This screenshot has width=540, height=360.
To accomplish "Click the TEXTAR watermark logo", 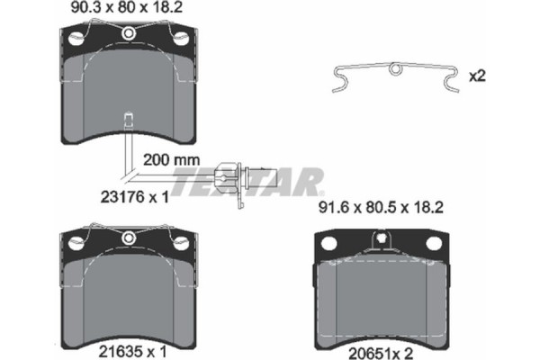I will coord(247,183).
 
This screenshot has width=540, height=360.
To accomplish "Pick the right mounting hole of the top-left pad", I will coord(183,39).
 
